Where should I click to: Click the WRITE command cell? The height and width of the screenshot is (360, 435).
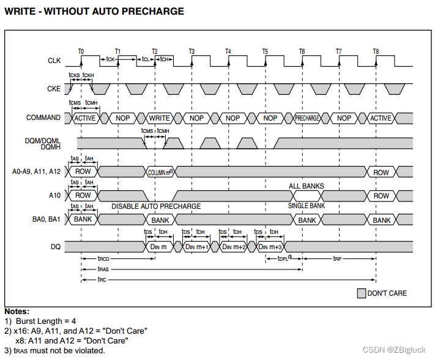click(160, 118)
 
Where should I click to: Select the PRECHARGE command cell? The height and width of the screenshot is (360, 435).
click(307, 118)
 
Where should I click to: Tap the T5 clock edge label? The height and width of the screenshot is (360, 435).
click(265, 51)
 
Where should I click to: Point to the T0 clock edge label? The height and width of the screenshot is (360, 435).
click(81, 51)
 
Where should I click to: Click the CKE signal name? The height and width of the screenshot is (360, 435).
click(54, 89)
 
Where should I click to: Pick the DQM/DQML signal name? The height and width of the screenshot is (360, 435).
click(43, 140)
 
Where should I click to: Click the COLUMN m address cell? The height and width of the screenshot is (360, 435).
click(160, 173)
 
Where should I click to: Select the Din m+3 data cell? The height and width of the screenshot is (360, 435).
click(270, 246)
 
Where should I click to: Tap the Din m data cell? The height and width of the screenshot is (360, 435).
click(159, 246)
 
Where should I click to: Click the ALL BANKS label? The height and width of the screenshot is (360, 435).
click(307, 186)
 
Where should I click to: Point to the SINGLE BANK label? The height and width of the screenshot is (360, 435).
click(307, 206)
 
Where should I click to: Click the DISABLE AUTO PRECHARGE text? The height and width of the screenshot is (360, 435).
click(156, 206)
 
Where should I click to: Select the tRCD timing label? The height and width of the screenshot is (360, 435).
click(104, 260)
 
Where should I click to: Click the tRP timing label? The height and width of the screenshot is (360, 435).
click(337, 260)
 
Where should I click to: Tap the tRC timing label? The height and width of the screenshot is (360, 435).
click(102, 280)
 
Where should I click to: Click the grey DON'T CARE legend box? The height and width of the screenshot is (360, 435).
click(361, 293)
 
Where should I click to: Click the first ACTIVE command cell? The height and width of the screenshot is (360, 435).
click(84, 118)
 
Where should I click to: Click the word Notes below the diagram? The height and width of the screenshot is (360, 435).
click(17, 312)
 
